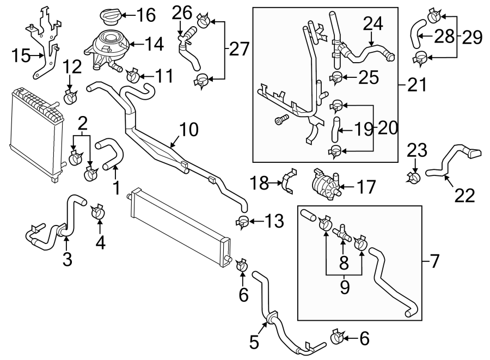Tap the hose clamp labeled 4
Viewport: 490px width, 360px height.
click(x=99, y=211)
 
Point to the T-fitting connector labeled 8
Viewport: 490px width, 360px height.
click(x=343, y=234)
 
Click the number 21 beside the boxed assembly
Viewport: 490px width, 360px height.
click(x=416, y=85)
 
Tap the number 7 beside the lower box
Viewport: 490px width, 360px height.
click(x=433, y=262)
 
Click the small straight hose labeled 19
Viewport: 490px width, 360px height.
click(x=336, y=125)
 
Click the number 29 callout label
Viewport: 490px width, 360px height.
click(x=471, y=38)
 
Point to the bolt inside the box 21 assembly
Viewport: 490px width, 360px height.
click(x=280, y=120)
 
